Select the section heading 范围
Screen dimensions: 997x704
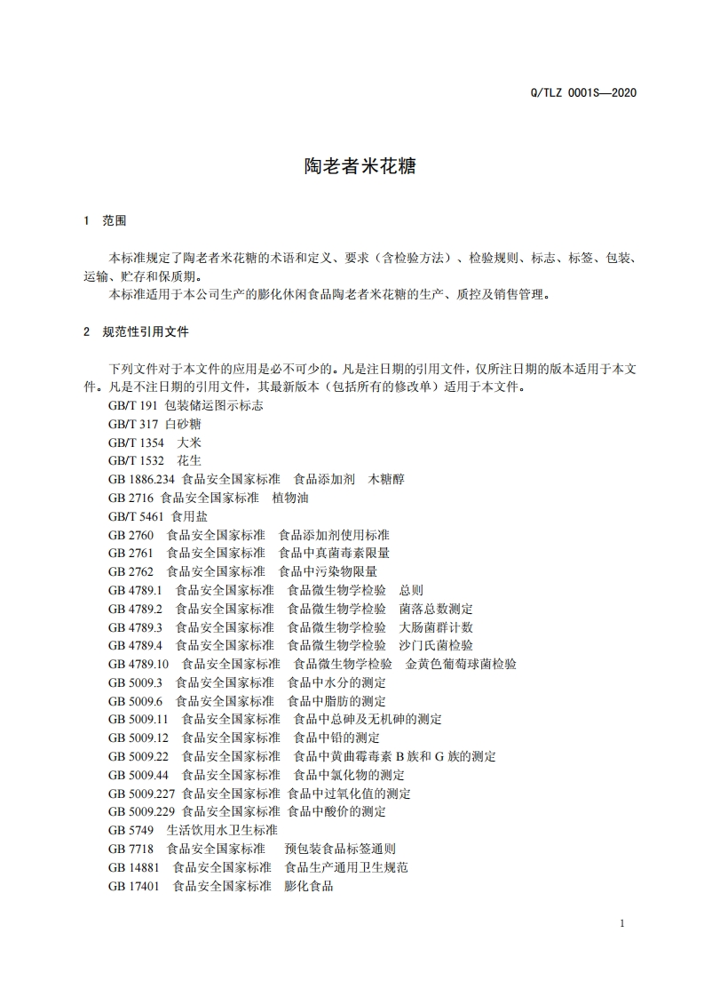pyautogui.click(x=115, y=220)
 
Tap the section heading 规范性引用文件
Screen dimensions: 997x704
pyautogui.click(x=146, y=331)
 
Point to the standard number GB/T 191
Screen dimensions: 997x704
pyautogui.click(x=128, y=404)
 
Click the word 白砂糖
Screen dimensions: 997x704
pyautogui.click(x=182, y=423)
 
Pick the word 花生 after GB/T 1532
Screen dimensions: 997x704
pyautogui.click(x=188, y=460)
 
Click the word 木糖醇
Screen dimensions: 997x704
pyautogui.click(x=386, y=478)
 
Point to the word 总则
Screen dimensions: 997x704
pyautogui.click(x=411, y=590)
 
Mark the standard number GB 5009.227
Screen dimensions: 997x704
pyautogui.click(x=142, y=794)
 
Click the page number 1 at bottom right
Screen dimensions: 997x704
pyautogui.click(x=622, y=923)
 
